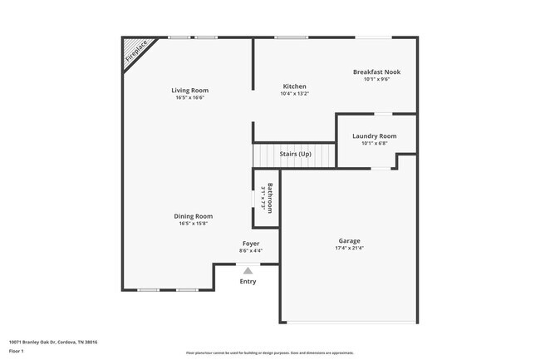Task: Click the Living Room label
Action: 189,90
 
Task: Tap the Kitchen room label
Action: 294,86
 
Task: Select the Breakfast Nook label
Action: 376,72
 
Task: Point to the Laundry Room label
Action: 374,136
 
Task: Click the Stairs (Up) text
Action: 295,154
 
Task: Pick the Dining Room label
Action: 193,216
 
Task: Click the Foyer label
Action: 251,244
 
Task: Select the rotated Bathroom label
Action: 270,197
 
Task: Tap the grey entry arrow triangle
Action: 248,270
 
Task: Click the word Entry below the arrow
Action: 248,281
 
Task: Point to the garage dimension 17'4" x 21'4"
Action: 349,247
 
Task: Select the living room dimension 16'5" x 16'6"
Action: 189,97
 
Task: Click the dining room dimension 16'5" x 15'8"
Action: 193,224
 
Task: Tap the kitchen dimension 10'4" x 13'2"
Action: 294,94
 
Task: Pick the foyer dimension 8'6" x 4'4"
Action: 251,250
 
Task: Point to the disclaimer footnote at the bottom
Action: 269,353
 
